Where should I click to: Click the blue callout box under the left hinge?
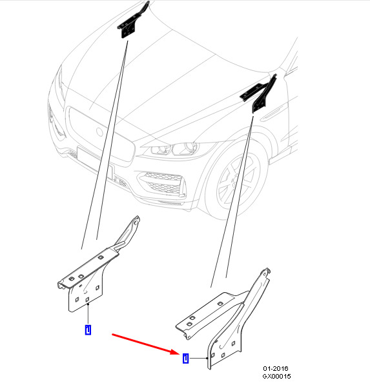tap(88, 330)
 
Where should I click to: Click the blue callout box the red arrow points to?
tap(185, 358)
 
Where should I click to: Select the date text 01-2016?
tap(276, 368)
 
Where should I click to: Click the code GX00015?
tap(276, 376)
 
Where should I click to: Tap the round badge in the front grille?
tap(99, 132)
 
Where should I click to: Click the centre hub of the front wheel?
tap(233, 181)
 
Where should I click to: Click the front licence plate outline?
tap(96, 163)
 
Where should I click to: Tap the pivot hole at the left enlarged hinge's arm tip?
tap(136, 222)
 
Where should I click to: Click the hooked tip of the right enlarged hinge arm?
tap(267, 271)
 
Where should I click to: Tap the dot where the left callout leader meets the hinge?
tap(88, 304)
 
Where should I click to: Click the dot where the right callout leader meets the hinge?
tap(207, 358)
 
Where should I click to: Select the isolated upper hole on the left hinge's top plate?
tap(101, 257)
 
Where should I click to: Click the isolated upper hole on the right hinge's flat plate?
tap(220, 304)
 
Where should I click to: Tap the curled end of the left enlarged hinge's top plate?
tap(61, 285)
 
